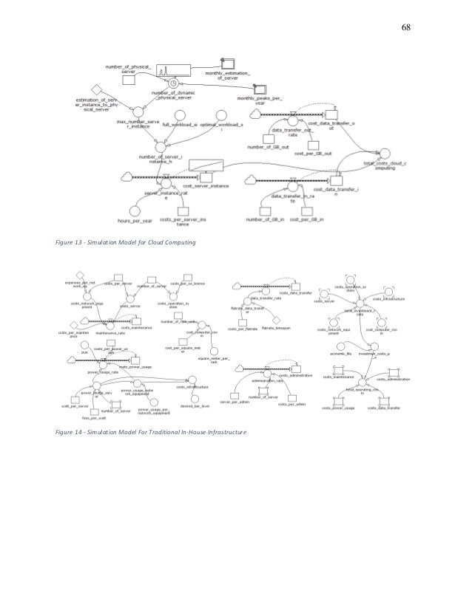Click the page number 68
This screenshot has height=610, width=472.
(x=406, y=27)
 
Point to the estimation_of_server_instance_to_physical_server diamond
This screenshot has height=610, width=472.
(x=95, y=87)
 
